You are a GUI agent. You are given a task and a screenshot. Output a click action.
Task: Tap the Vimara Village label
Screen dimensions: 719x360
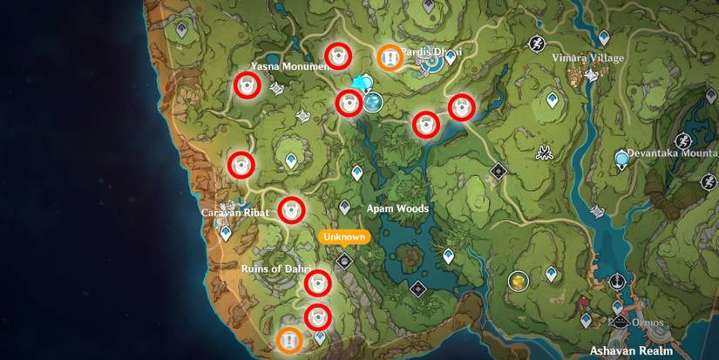(x=588, y=58)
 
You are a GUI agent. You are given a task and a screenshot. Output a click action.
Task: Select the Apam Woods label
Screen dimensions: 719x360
(x=397, y=209)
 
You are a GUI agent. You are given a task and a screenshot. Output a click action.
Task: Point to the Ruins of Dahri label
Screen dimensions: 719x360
(x=272, y=268)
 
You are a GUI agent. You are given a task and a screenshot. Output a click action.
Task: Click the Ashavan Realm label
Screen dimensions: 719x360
(x=632, y=350)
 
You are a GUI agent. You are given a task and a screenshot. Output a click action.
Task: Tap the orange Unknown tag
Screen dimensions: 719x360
(x=343, y=236)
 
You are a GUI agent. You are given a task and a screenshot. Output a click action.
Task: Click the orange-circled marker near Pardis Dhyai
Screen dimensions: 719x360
(x=389, y=57)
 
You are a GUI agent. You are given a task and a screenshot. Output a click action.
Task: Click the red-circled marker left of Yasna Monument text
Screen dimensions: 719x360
(x=248, y=85)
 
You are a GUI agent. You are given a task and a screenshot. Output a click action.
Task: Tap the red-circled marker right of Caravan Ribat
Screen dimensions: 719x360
(x=291, y=209)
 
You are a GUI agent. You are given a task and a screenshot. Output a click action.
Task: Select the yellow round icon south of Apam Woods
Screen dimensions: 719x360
(x=519, y=281)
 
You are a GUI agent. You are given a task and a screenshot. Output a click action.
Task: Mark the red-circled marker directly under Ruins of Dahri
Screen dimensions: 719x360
(x=319, y=282)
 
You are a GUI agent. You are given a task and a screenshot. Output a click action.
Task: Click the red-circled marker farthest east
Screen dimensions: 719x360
(x=461, y=107)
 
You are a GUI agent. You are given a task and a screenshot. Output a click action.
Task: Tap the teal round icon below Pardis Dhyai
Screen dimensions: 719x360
(x=374, y=104)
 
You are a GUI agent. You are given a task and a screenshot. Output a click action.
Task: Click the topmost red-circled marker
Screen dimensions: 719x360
(x=337, y=56)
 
